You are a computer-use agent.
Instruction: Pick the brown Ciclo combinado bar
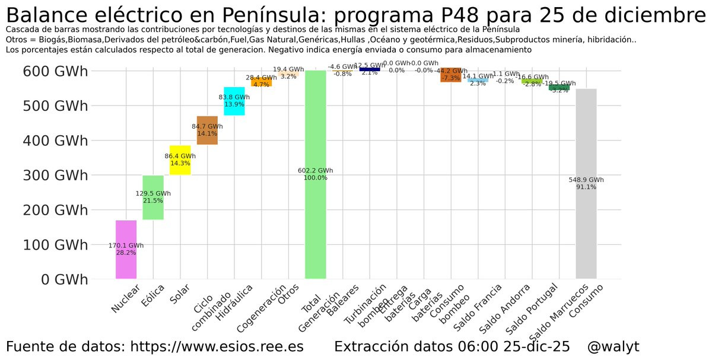[207, 122]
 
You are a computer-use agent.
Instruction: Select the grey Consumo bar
[586, 237]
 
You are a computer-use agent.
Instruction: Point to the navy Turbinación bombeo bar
[370, 69]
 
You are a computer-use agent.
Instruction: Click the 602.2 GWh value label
[316, 171]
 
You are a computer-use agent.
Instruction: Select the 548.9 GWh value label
[586, 180]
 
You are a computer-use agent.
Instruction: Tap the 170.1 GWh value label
[126, 245]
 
